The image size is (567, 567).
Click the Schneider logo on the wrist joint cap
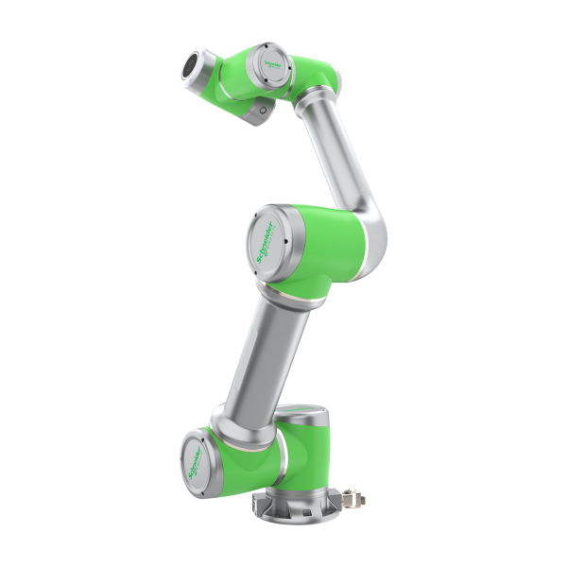pos(271,61)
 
